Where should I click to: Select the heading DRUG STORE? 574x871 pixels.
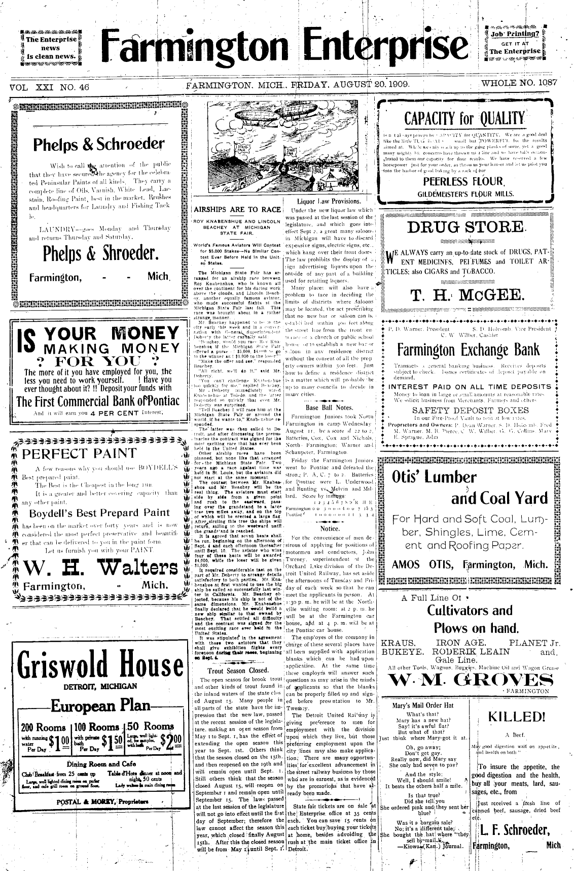point(465,227)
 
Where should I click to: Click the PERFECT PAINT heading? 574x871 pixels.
point(79,453)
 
